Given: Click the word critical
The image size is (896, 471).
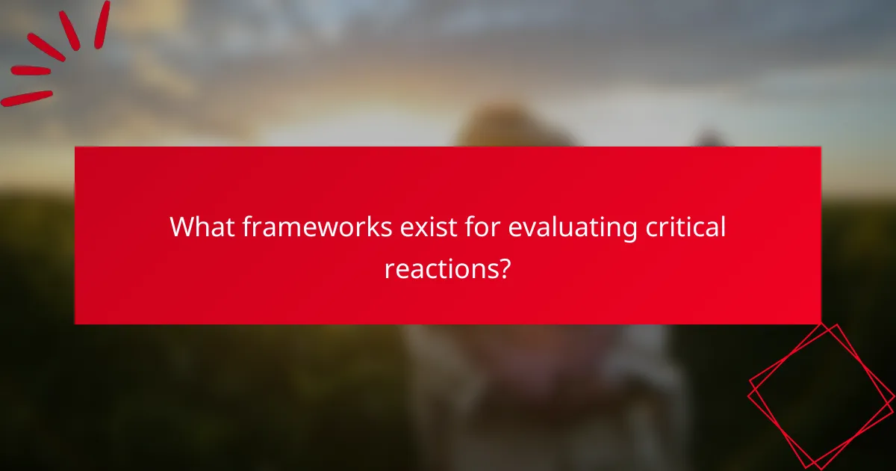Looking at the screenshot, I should click(684, 227).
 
